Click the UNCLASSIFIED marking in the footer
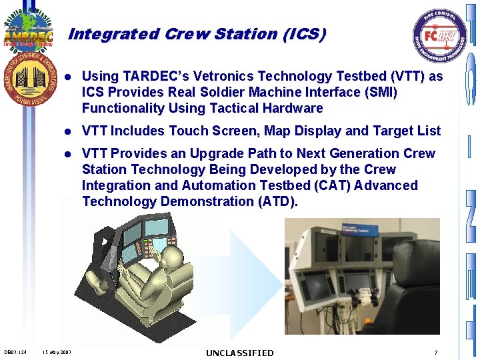tap(239, 353)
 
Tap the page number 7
tap(435, 352)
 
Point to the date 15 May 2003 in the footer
tap(56, 352)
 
